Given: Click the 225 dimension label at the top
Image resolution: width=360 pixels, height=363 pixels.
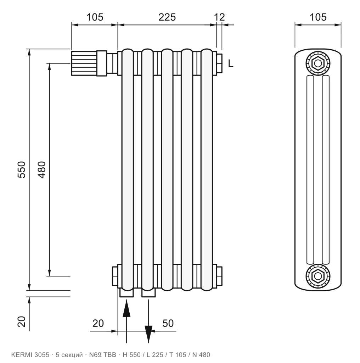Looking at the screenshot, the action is click(167, 17).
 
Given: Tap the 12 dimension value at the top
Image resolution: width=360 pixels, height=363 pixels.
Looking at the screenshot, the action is click(219, 17).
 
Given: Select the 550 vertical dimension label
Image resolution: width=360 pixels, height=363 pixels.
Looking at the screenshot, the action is click(22, 170).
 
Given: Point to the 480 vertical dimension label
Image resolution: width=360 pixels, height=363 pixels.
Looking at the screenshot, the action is click(42, 170).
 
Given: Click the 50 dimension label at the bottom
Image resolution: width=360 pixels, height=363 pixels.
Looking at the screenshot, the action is click(168, 323).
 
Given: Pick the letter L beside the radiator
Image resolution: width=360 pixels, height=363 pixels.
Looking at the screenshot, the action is click(231, 63).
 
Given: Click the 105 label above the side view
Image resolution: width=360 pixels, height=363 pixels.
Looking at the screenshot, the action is click(318, 17).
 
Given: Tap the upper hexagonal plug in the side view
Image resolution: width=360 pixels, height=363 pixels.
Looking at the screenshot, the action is click(318, 63).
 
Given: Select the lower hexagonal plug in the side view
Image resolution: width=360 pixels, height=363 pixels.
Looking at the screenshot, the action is click(318, 276).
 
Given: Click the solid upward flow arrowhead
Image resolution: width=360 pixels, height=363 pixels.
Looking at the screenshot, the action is click(126, 308).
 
